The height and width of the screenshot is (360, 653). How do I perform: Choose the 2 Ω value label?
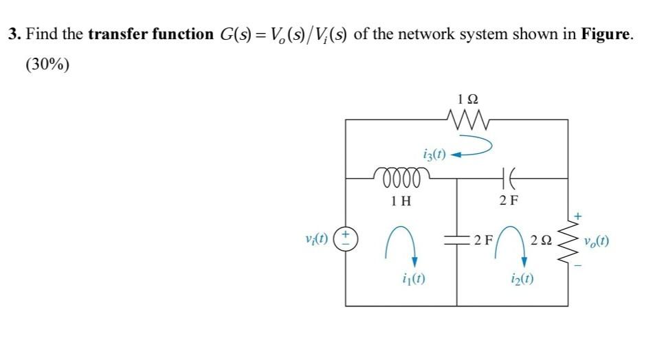point(542,241)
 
